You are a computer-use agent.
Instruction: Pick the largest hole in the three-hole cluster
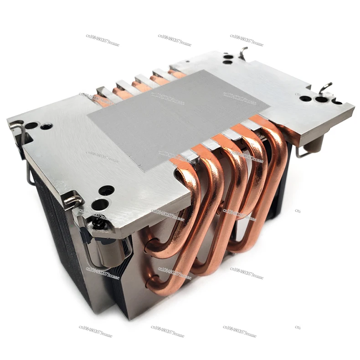point(321,99)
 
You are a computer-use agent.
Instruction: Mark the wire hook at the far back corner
point(244,53)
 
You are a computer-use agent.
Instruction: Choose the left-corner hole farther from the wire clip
point(46,126)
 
